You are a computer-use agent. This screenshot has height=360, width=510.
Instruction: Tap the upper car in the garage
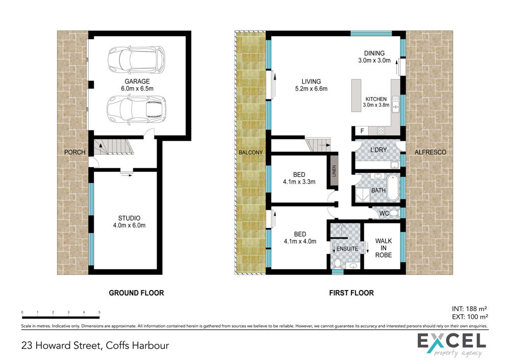coord(137,60)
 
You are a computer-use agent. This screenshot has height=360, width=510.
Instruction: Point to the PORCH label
coord(75,152)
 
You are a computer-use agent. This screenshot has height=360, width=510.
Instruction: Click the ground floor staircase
coord(114,147)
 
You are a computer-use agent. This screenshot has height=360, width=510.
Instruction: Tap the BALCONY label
coord(250,152)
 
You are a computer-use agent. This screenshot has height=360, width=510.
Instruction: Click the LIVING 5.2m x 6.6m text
coord(311,85)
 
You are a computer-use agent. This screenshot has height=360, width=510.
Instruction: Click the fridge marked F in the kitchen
coord(362,131)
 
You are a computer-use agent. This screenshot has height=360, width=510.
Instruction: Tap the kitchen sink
coord(396,104)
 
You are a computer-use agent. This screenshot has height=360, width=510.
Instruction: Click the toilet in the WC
coord(394,213)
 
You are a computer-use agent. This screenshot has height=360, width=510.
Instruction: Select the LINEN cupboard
coord(334,171)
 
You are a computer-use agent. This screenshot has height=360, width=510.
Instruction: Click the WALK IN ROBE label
coord(384,248)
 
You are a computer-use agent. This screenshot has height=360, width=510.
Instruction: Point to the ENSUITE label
coord(347,249)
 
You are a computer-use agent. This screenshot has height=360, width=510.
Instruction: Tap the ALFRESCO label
coord(430,152)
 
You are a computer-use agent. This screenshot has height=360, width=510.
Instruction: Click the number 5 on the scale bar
coord(99,312)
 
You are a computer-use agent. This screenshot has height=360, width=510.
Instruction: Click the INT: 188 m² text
coord(469,308)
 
